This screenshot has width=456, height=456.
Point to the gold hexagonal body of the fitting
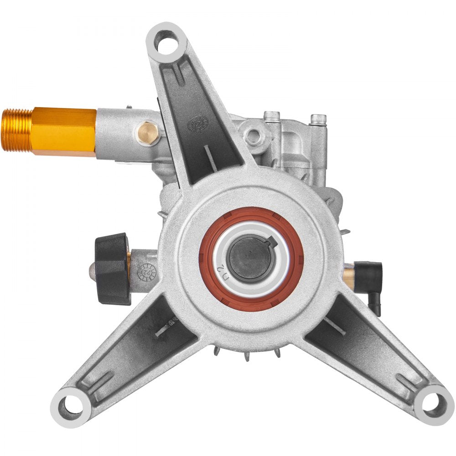point(64,131)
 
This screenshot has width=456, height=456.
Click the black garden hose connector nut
point(112,269)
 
